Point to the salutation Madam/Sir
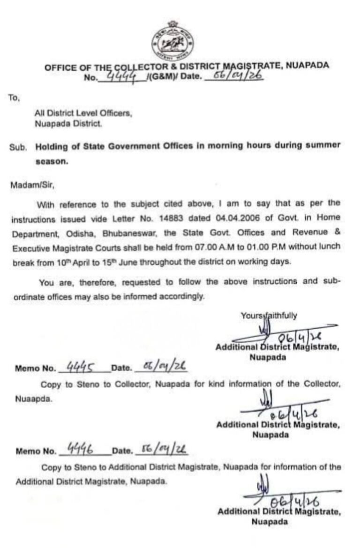click(32, 185)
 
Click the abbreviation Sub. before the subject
click(17, 146)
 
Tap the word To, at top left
click(14, 98)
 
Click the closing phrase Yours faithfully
click(269, 315)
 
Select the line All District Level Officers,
click(83, 113)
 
